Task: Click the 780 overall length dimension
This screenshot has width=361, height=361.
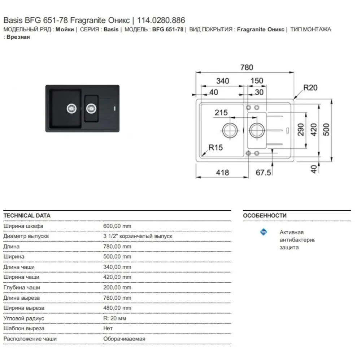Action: [x=247, y=67]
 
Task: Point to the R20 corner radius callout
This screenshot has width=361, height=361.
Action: [x=310, y=87]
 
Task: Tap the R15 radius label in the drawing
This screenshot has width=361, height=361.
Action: [x=216, y=147]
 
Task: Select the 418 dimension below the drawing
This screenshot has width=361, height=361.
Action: [x=222, y=173]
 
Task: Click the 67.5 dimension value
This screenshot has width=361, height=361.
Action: [x=263, y=173]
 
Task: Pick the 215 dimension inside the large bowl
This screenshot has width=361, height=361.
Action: [x=221, y=113]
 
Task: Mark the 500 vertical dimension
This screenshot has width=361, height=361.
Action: [x=326, y=130]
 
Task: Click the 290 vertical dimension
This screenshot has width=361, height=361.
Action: [x=301, y=130]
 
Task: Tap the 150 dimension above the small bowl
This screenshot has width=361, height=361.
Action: [x=257, y=81]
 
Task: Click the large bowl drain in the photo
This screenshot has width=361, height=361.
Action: [x=71, y=108]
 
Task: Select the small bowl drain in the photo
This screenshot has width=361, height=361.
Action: [x=91, y=108]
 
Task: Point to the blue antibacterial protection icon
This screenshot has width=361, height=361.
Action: [x=264, y=232]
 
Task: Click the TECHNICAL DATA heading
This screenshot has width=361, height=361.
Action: [x=27, y=216]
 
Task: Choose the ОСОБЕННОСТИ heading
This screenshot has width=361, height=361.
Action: [x=265, y=216]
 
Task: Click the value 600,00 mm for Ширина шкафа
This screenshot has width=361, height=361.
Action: [x=117, y=226]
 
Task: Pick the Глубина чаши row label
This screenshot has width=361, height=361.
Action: [x=22, y=288]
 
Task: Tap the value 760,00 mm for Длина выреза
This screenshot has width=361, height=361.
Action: [x=117, y=298]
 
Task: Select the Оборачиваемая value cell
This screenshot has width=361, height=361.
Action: [x=124, y=339]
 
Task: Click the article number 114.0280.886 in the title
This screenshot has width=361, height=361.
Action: [x=161, y=20]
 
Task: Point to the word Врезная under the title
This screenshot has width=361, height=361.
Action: [x=18, y=37]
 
